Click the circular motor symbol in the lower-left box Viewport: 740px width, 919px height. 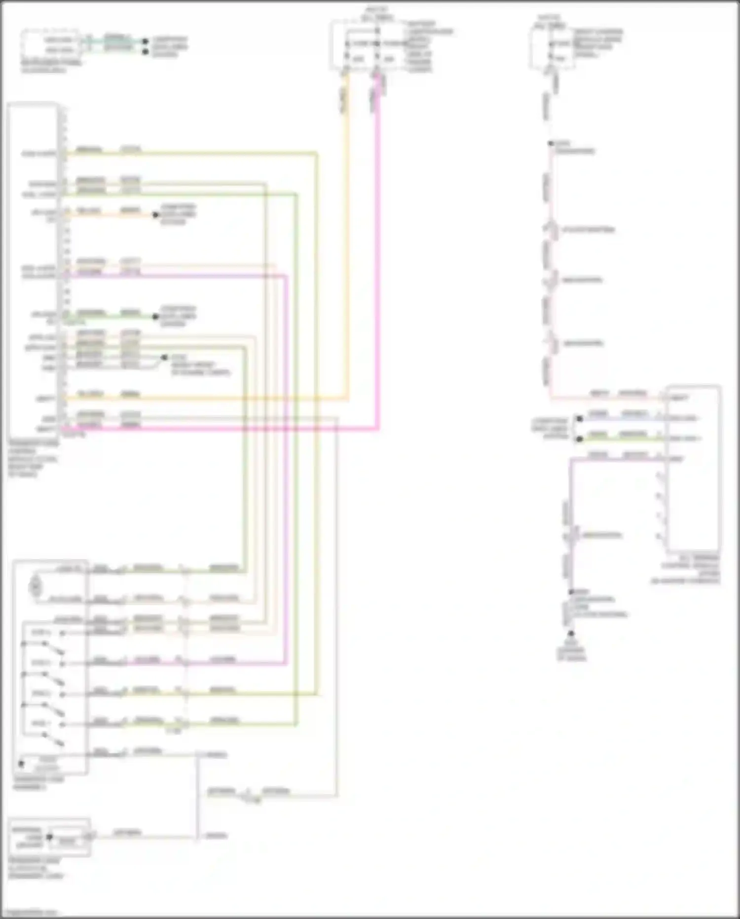[36, 586]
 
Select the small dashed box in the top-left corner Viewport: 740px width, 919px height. [49, 44]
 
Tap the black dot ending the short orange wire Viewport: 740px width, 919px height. [156, 214]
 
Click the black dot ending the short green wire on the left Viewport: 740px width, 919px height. [156, 317]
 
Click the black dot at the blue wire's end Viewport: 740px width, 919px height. [580, 419]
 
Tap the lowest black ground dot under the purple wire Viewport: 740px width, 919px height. [571, 633]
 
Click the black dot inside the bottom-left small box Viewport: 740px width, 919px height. [49, 837]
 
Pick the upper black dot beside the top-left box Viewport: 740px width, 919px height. [145, 41]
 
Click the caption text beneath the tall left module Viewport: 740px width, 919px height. [33, 459]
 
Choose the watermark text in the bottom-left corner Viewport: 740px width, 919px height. [30, 912]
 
